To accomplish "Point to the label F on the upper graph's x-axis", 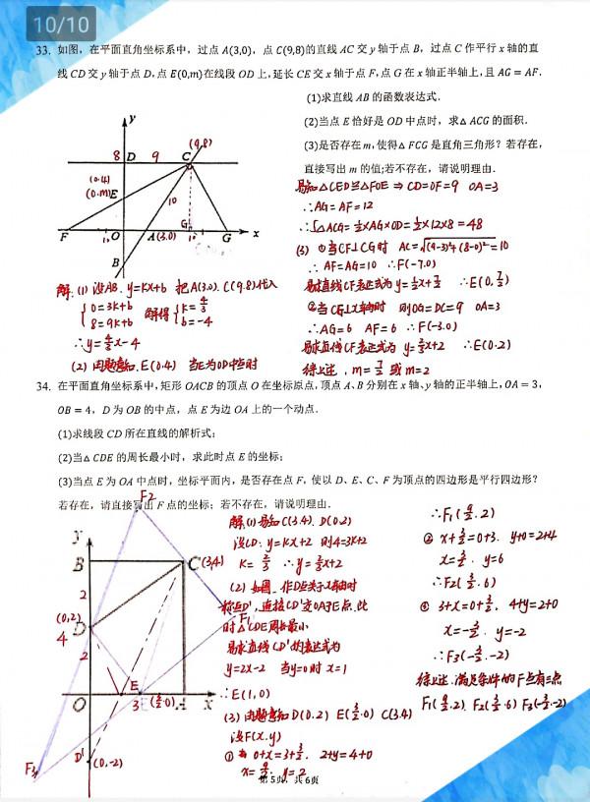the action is (x=64, y=237).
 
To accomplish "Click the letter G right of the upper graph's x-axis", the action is (x=227, y=237).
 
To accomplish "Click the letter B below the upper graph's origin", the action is (x=115, y=262).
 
